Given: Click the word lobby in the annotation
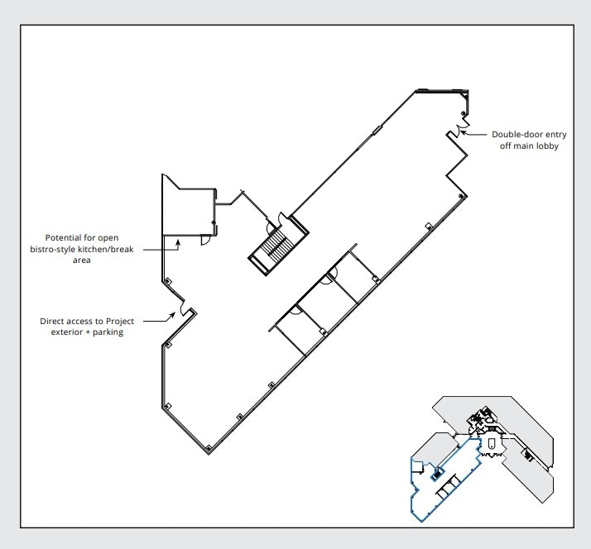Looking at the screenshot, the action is click(548, 146).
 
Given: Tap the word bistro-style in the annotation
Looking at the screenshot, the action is click(53, 249).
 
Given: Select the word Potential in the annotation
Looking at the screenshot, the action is click(61, 237).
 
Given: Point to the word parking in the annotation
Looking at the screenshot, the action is click(108, 332).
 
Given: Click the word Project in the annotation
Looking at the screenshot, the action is click(120, 321).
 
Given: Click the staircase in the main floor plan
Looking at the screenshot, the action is click(278, 244).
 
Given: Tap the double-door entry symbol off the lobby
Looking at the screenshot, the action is click(460, 129).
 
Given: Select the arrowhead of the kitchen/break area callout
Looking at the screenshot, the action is click(178, 243).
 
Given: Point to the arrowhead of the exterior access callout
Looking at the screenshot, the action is click(173, 314).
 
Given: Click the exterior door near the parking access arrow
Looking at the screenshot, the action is click(185, 308).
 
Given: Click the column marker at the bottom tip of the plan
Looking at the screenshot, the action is click(209, 447).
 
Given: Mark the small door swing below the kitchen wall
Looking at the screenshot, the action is click(204, 241).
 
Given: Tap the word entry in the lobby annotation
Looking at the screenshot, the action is click(556, 135).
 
